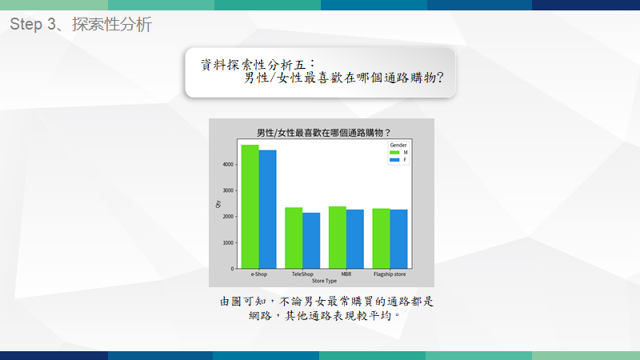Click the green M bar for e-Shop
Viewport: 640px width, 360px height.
pyautogui.click(x=250, y=206)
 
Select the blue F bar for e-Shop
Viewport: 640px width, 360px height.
pyautogui.click(x=267, y=210)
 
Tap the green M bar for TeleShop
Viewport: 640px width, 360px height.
pyautogui.click(x=294, y=238)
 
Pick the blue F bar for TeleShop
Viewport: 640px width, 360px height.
pyautogui.click(x=311, y=241)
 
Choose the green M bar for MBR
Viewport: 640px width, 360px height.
pyautogui.click(x=337, y=238)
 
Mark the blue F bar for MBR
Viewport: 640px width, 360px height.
pyautogui.click(x=354, y=239)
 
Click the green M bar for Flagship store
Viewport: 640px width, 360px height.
pyautogui.click(x=381, y=238)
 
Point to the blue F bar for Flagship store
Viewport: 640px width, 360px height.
pyautogui.click(x=398, y=239)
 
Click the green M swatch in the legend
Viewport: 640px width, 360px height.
pyautogui.click(x=394, y=153)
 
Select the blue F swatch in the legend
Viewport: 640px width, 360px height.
pyautogui.click(x=394, y=160)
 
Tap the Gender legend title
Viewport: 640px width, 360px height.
pyautogui.click(x=398, y=145)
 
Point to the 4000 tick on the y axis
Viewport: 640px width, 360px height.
pyautogui.click(x=228, y=165)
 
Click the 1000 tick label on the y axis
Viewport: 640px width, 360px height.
pyautogui.click(x=228, y=243)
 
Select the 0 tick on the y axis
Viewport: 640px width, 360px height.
pyautogui.click(x=232, y=269)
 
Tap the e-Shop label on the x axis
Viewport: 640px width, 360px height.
pyautogui.click(x=258, y=274)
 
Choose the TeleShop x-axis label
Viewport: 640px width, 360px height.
pyautogui.click(x=302, y=274)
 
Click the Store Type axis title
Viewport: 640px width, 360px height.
pyautogui.click(x=325, y=281)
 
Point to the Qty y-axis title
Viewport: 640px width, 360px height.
pyautogui.click(x=218, y=204)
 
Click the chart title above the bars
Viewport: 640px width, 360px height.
pyautogui.click(x=323, y=133)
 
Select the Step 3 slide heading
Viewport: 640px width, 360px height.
pyautogui.click(x=81, y=24)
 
